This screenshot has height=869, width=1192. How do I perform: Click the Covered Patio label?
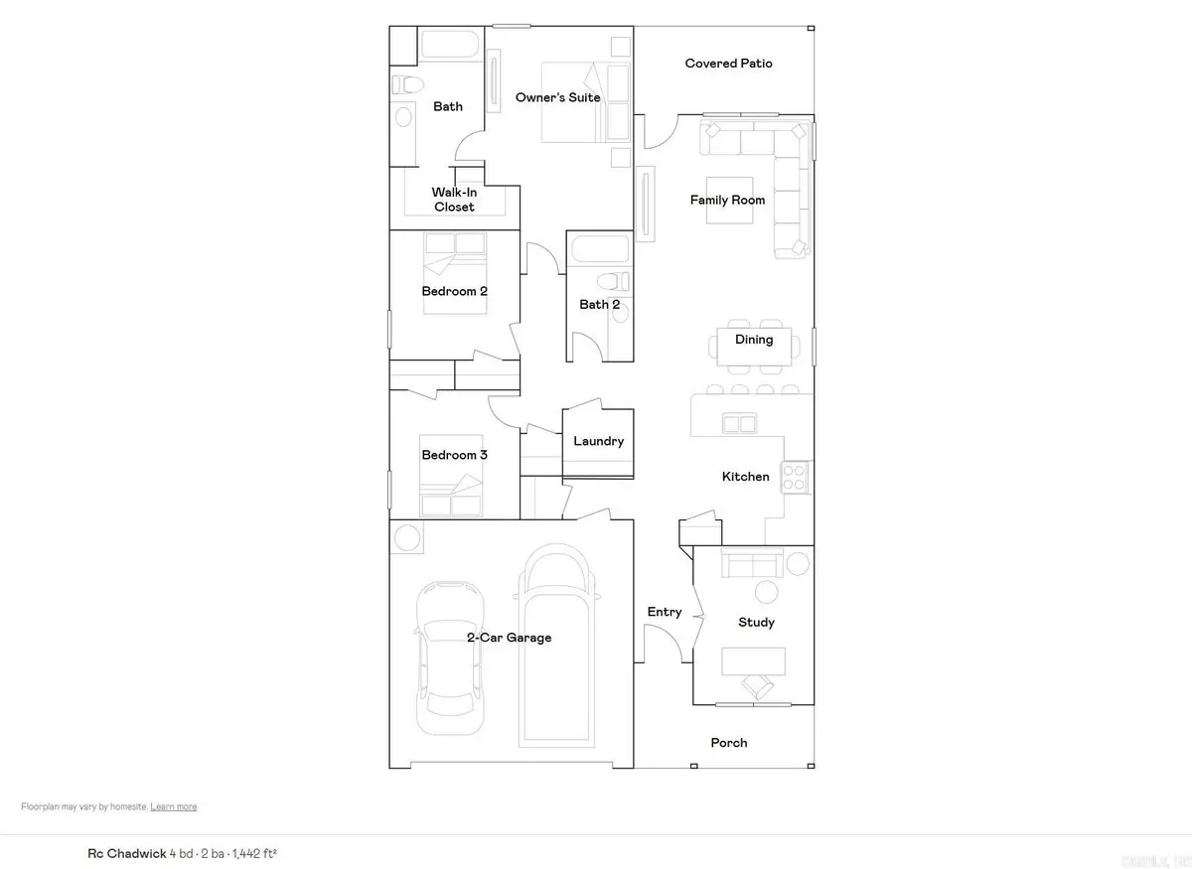(x=728, y=64)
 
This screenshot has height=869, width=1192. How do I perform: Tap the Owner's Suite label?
(x=557, y=97)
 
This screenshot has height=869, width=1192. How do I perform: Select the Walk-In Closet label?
(x=453, y=200)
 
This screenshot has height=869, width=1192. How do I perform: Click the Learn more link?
(x=174, y=806)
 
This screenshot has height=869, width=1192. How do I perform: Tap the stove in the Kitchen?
(x=794, y=478)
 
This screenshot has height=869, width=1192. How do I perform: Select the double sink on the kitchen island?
(x=738, y=424)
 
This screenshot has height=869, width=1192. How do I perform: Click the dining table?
(x=754, y=346)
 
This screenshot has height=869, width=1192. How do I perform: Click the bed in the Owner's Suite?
(x=573, y=101)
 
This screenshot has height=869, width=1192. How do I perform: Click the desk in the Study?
(x=753, y=659)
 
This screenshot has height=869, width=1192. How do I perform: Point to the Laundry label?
(x=598, y=441)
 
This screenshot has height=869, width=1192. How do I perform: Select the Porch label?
(x=729, y=743)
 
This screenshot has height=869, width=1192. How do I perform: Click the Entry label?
(x=665, y=612)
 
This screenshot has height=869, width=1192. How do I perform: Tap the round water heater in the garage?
(x=406, y=538)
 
